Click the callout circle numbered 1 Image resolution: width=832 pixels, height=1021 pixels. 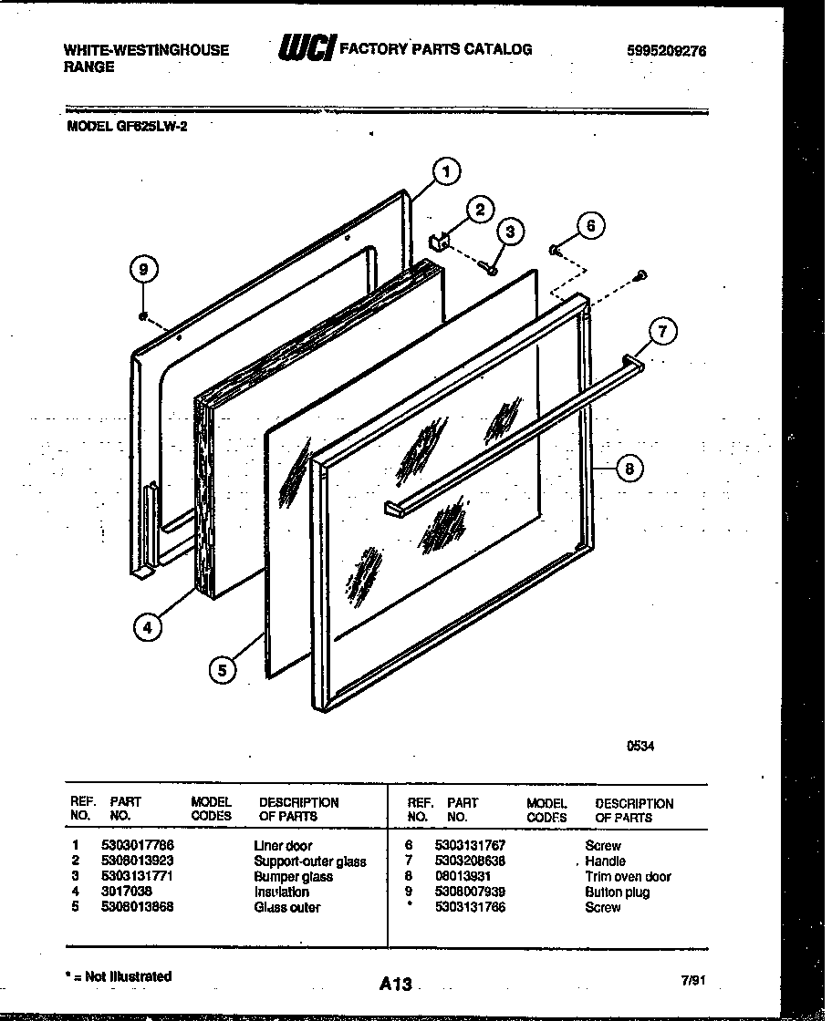(444, 170)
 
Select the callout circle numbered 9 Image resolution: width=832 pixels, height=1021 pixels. (142, 269)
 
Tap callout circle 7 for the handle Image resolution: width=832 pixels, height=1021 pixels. (663, 332)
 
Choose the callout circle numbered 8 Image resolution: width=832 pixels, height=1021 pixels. (628, 469)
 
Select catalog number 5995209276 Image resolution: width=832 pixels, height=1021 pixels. (666, 51)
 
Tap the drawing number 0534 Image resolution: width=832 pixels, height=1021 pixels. (640, 745)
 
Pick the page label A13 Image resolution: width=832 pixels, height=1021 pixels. (396, 984)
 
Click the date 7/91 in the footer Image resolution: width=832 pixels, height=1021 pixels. (694, 981)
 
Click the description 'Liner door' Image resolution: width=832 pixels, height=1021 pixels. (283, 846)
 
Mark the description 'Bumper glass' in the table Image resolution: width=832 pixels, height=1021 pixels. (293, 876)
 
